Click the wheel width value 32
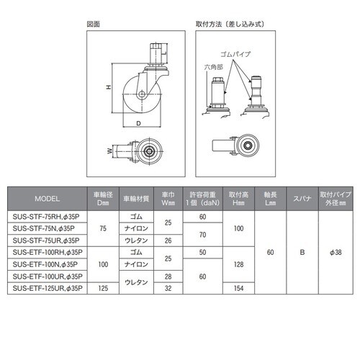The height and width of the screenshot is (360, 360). point(168,288)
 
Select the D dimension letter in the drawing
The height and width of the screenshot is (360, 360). point(138,124)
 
